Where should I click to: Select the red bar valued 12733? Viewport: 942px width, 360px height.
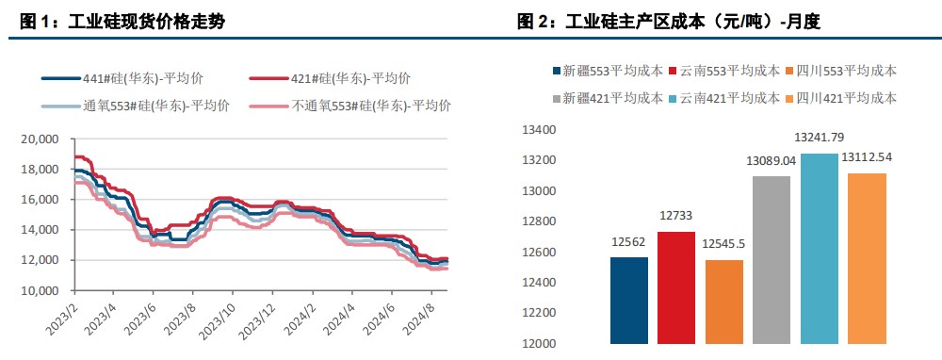pyautogui.click(x=676, y=286)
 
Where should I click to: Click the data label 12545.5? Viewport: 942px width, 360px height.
pyautogui.click(x=723, y=245)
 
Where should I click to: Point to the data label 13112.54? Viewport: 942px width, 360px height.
pyautogui.click(x=868, y=158)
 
